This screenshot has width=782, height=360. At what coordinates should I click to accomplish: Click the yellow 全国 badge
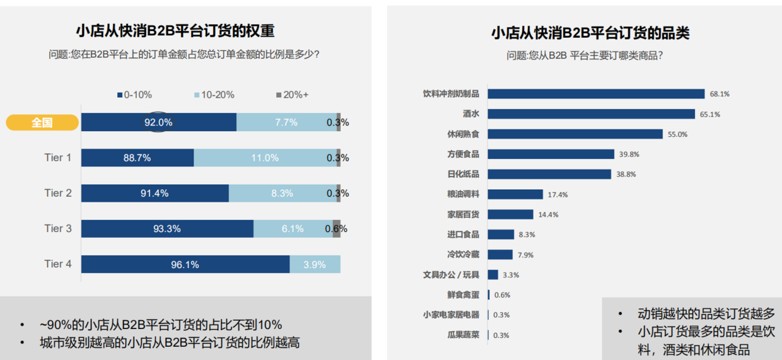tap(42, 123)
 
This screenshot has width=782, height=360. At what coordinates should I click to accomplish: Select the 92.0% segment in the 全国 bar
tap(159, 122)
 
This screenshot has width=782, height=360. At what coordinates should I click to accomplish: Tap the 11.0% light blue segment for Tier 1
tap(265, 158)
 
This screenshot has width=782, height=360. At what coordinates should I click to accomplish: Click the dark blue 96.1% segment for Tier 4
tap(185, 265)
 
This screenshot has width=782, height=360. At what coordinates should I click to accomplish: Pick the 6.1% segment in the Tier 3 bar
tap(293, 229)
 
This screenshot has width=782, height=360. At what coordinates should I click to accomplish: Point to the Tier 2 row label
tap(58, 193)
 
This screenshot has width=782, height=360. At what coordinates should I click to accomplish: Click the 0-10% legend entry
tap(134, 95)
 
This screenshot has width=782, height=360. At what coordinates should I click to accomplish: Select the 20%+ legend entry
tap(293, 95)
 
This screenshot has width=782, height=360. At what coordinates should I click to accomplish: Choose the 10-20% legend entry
tap(214, 95)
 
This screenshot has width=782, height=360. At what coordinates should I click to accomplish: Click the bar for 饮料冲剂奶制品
tap(596, 94)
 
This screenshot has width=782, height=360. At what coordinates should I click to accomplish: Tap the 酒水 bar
tap(591, 114)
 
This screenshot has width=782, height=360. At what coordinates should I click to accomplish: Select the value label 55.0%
tap(677, 134)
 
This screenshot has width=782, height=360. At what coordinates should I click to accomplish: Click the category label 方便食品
tap(464, 154)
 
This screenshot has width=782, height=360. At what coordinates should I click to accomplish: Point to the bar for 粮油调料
tap(515, 194)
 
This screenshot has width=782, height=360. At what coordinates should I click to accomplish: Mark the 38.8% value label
tap(626, 175)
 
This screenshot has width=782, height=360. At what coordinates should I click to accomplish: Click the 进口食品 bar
tap(501, 235)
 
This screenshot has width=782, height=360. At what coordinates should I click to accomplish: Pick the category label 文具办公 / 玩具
tap(451, 275)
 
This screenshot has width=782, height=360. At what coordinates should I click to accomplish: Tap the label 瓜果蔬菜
tap(464, 335)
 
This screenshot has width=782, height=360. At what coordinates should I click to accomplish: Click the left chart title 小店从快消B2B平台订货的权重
tap(175, 32)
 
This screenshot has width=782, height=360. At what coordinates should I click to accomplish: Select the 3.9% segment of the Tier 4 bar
tap(315, 265)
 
